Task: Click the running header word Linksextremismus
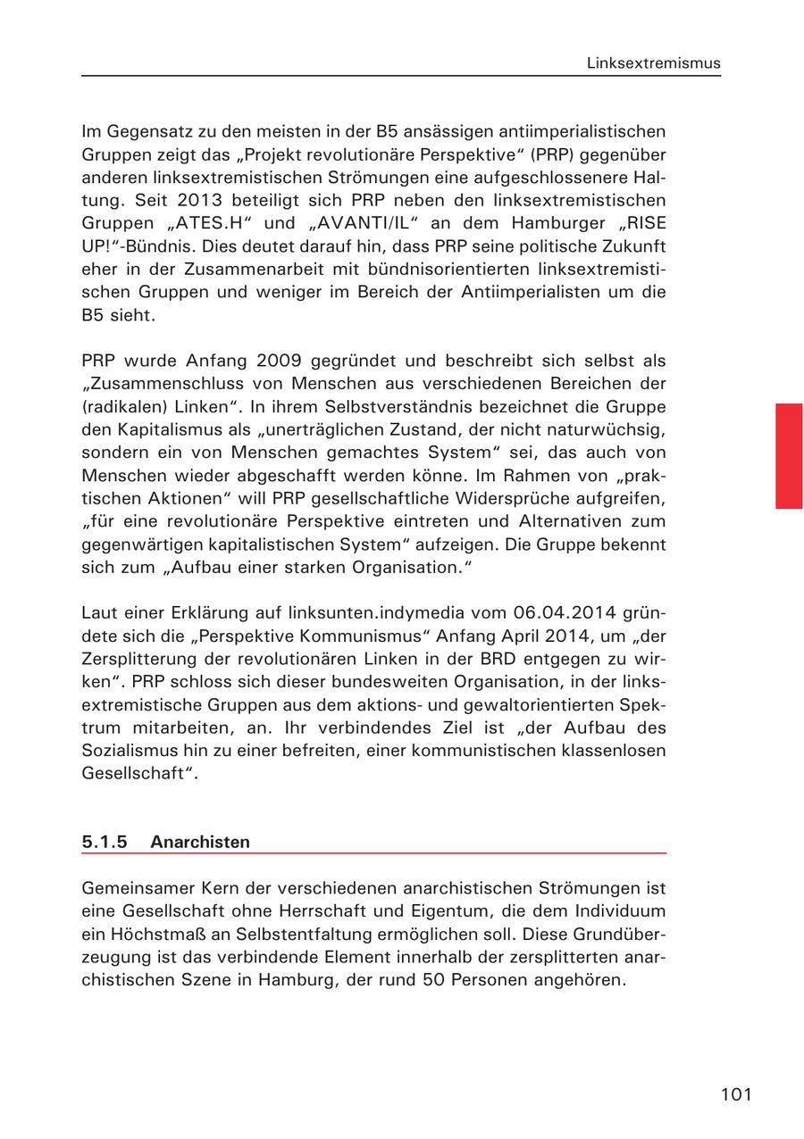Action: click(653, 63)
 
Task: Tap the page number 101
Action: click(736, 1094)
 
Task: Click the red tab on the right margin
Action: click(789, 455)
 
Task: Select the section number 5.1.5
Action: click(105, 842)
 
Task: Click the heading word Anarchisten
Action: click(200, 842)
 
